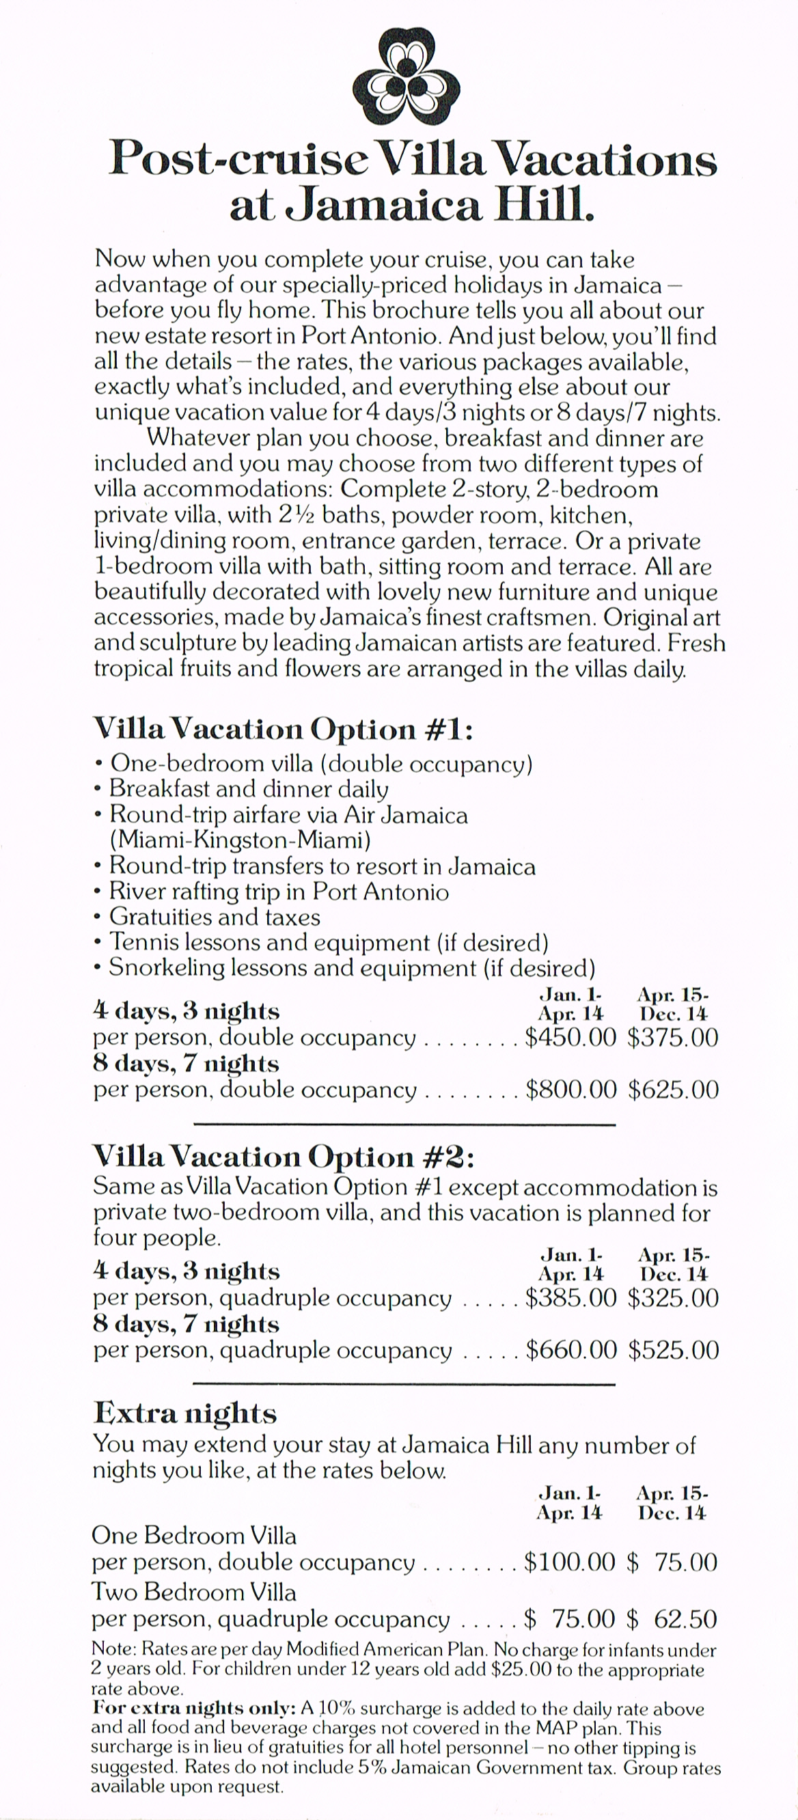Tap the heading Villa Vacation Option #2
tap(284, 1157)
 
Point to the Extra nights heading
tap(185, 1412)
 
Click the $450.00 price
tap(570, 1037)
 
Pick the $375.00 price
tap(672, 1037)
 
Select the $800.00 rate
tap(570, 1090)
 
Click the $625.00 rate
tap(673, 1090)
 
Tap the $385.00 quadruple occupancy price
tap(570, 1298)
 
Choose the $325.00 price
tap(672, 1298)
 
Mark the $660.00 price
tap(570, 1350)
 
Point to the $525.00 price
tap(673, 1350)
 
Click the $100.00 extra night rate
tap(569, 1562)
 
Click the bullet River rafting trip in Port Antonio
tap(279, 892)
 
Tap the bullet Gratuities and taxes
tap(214, 917)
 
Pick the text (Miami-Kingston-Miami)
tap(240, 840)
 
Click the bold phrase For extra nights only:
tap(193, 1709)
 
